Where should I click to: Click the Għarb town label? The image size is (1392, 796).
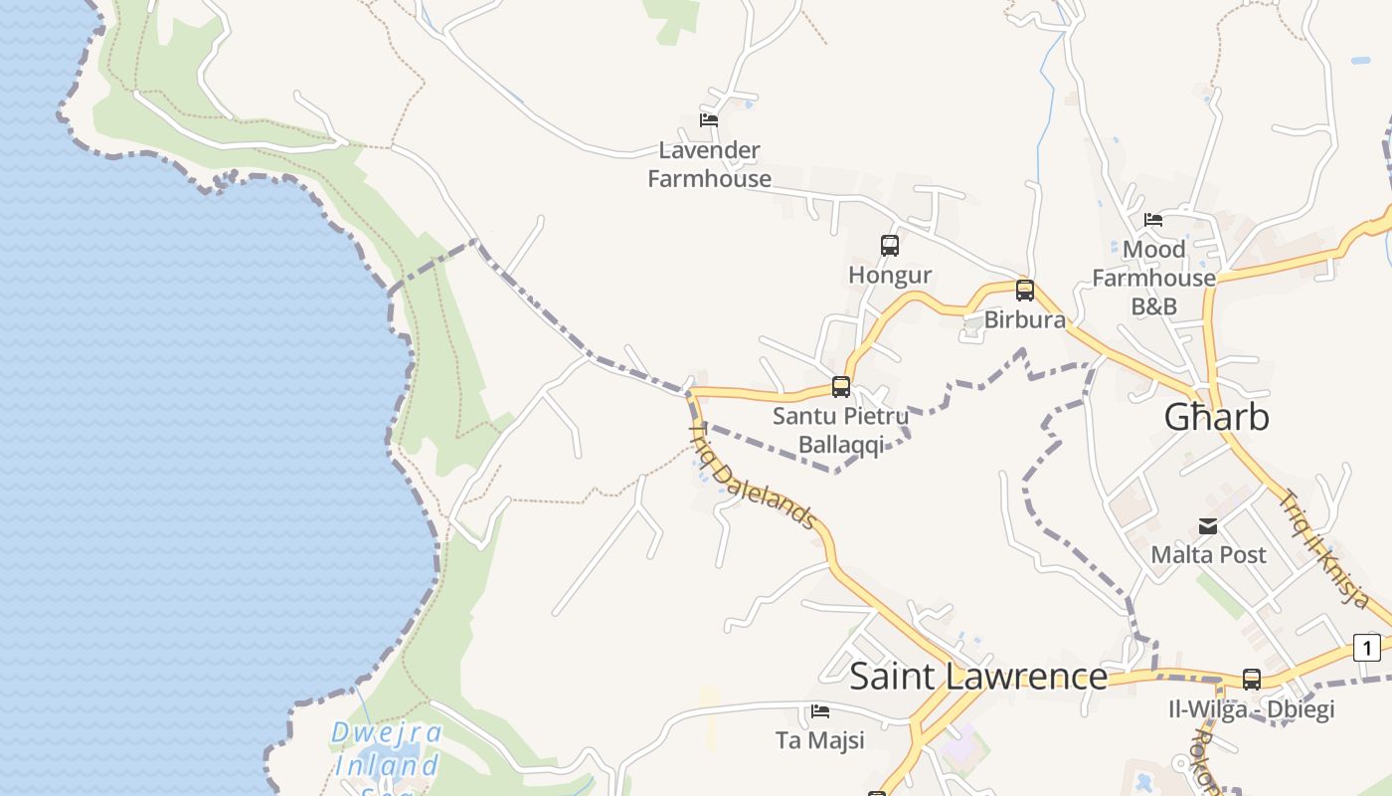point(1216,417)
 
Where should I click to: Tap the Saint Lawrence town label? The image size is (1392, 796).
point(978,677)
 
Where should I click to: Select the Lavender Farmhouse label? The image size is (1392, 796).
point(710,164)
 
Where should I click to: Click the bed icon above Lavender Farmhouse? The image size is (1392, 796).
point(709,119)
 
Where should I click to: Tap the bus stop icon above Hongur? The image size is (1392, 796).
point(890,245)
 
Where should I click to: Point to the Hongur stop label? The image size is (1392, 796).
point(890,275)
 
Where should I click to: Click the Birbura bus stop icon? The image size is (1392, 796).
point(1024,291)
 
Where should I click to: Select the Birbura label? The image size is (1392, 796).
point(1024,320)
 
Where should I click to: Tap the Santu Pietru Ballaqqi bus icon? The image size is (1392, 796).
point(841,387)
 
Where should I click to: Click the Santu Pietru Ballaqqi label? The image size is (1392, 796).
point(841,430)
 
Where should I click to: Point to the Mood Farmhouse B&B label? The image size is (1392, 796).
point(1153,278)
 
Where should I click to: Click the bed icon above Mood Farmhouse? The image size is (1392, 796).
point(1153,219)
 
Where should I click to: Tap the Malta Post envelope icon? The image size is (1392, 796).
point(1208,526)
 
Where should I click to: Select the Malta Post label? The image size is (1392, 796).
point(1208,554)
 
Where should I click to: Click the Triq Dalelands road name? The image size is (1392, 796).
point(753,476)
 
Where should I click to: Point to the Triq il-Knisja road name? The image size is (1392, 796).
point(1325,548)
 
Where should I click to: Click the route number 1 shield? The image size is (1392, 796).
point(1367,649)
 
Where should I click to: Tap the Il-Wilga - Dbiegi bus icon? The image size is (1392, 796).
point(1251,680)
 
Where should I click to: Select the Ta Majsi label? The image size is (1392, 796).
point(819,740)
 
